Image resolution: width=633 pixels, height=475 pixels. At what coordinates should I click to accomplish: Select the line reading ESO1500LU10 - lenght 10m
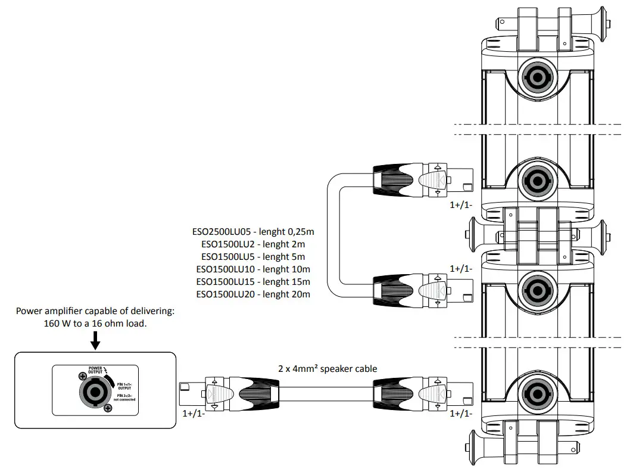(x=253, y=269)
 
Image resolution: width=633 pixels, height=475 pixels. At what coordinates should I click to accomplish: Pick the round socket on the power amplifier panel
(x=94, y=392)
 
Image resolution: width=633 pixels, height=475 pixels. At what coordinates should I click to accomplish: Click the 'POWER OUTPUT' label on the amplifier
(x=95, y=371)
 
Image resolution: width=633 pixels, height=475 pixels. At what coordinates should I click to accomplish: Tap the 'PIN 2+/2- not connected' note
(x=124, y=398)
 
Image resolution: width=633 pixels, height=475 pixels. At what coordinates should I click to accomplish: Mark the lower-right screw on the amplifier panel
(x=108, y=408)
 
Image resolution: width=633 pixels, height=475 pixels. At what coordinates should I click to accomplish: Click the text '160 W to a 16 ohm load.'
(x=95, y=324)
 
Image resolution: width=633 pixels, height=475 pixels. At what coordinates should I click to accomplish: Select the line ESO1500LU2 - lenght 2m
(x=253, y=244)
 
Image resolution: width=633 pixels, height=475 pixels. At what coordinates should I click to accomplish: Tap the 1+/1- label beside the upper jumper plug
(x=461, y=204)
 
